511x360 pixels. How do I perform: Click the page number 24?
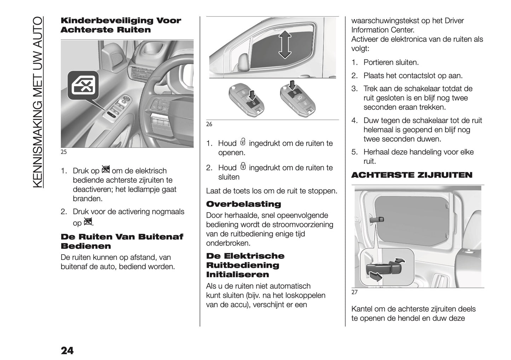[x=67, y=350]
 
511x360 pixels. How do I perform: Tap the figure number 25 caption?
[x=64, y=152]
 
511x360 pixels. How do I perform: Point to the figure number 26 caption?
[x=209, y=124]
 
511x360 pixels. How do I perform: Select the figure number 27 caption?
[x=354, y=292]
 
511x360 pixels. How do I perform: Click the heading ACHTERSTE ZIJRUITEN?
[x=411, y=175]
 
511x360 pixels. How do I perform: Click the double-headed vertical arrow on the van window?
[x=285, y=45]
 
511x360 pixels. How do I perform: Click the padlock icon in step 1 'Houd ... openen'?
[x=243, y=142]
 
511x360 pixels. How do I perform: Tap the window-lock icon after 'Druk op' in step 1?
[x=105, y=170]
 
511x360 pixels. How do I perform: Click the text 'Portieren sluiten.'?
[x=391, y=63]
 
